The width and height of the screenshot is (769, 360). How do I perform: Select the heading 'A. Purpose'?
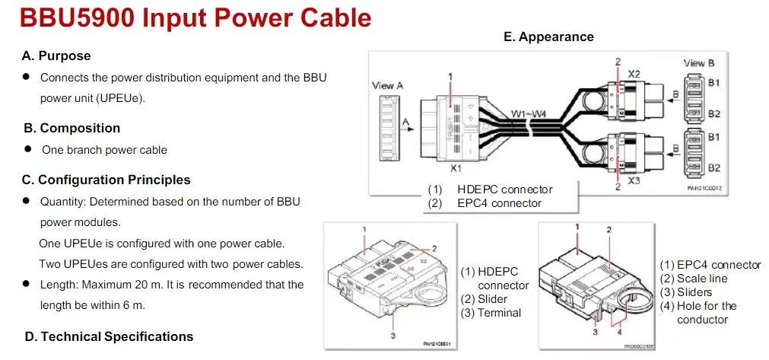(56, 56)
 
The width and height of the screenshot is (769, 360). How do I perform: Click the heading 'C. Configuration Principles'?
(106, 180)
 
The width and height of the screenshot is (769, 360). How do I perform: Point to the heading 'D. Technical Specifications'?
(108, 336)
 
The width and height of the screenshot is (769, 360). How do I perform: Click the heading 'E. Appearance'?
(548, 37)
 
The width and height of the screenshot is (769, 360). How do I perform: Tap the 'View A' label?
(387, 86)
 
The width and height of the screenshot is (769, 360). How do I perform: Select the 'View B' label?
(699, 63)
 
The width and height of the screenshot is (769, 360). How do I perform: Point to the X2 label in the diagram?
(634, 74)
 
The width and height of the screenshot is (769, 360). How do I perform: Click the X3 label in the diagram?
(634, 183)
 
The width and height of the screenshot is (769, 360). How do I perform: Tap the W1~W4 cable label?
(528, 113)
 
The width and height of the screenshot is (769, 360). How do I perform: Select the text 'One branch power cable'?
(104, 150)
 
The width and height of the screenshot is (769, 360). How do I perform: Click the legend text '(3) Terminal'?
(491, 313)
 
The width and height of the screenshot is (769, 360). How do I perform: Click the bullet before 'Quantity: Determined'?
(25, 201)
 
